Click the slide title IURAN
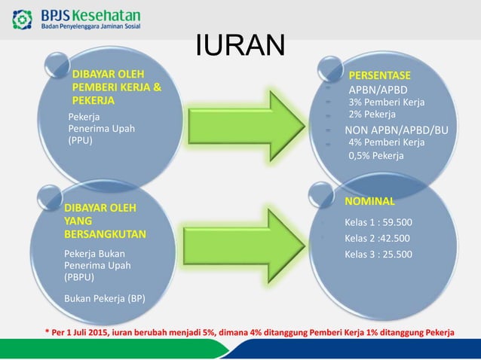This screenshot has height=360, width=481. (x=240, y=46)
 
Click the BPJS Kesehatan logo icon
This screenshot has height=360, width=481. (x=23, y=17)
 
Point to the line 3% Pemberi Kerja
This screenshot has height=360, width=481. (x=386, y=102)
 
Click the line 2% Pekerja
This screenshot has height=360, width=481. (x=372, y=114)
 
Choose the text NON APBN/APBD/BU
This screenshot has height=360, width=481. (x=396, y=130)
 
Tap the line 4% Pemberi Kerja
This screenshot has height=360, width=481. (x=386, y=142)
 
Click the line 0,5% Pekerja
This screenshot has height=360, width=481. (x=375, y=156)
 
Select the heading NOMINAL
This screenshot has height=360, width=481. (x=369, y=202)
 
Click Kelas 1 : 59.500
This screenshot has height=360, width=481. (x=378, y=222)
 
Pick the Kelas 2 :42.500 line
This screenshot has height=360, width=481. (x=377, y=238)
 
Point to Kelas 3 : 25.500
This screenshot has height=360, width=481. (x=378, y=254)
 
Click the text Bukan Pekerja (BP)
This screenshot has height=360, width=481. (x=105, y=298)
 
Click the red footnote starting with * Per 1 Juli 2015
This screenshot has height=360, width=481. (x=250, y=331)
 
